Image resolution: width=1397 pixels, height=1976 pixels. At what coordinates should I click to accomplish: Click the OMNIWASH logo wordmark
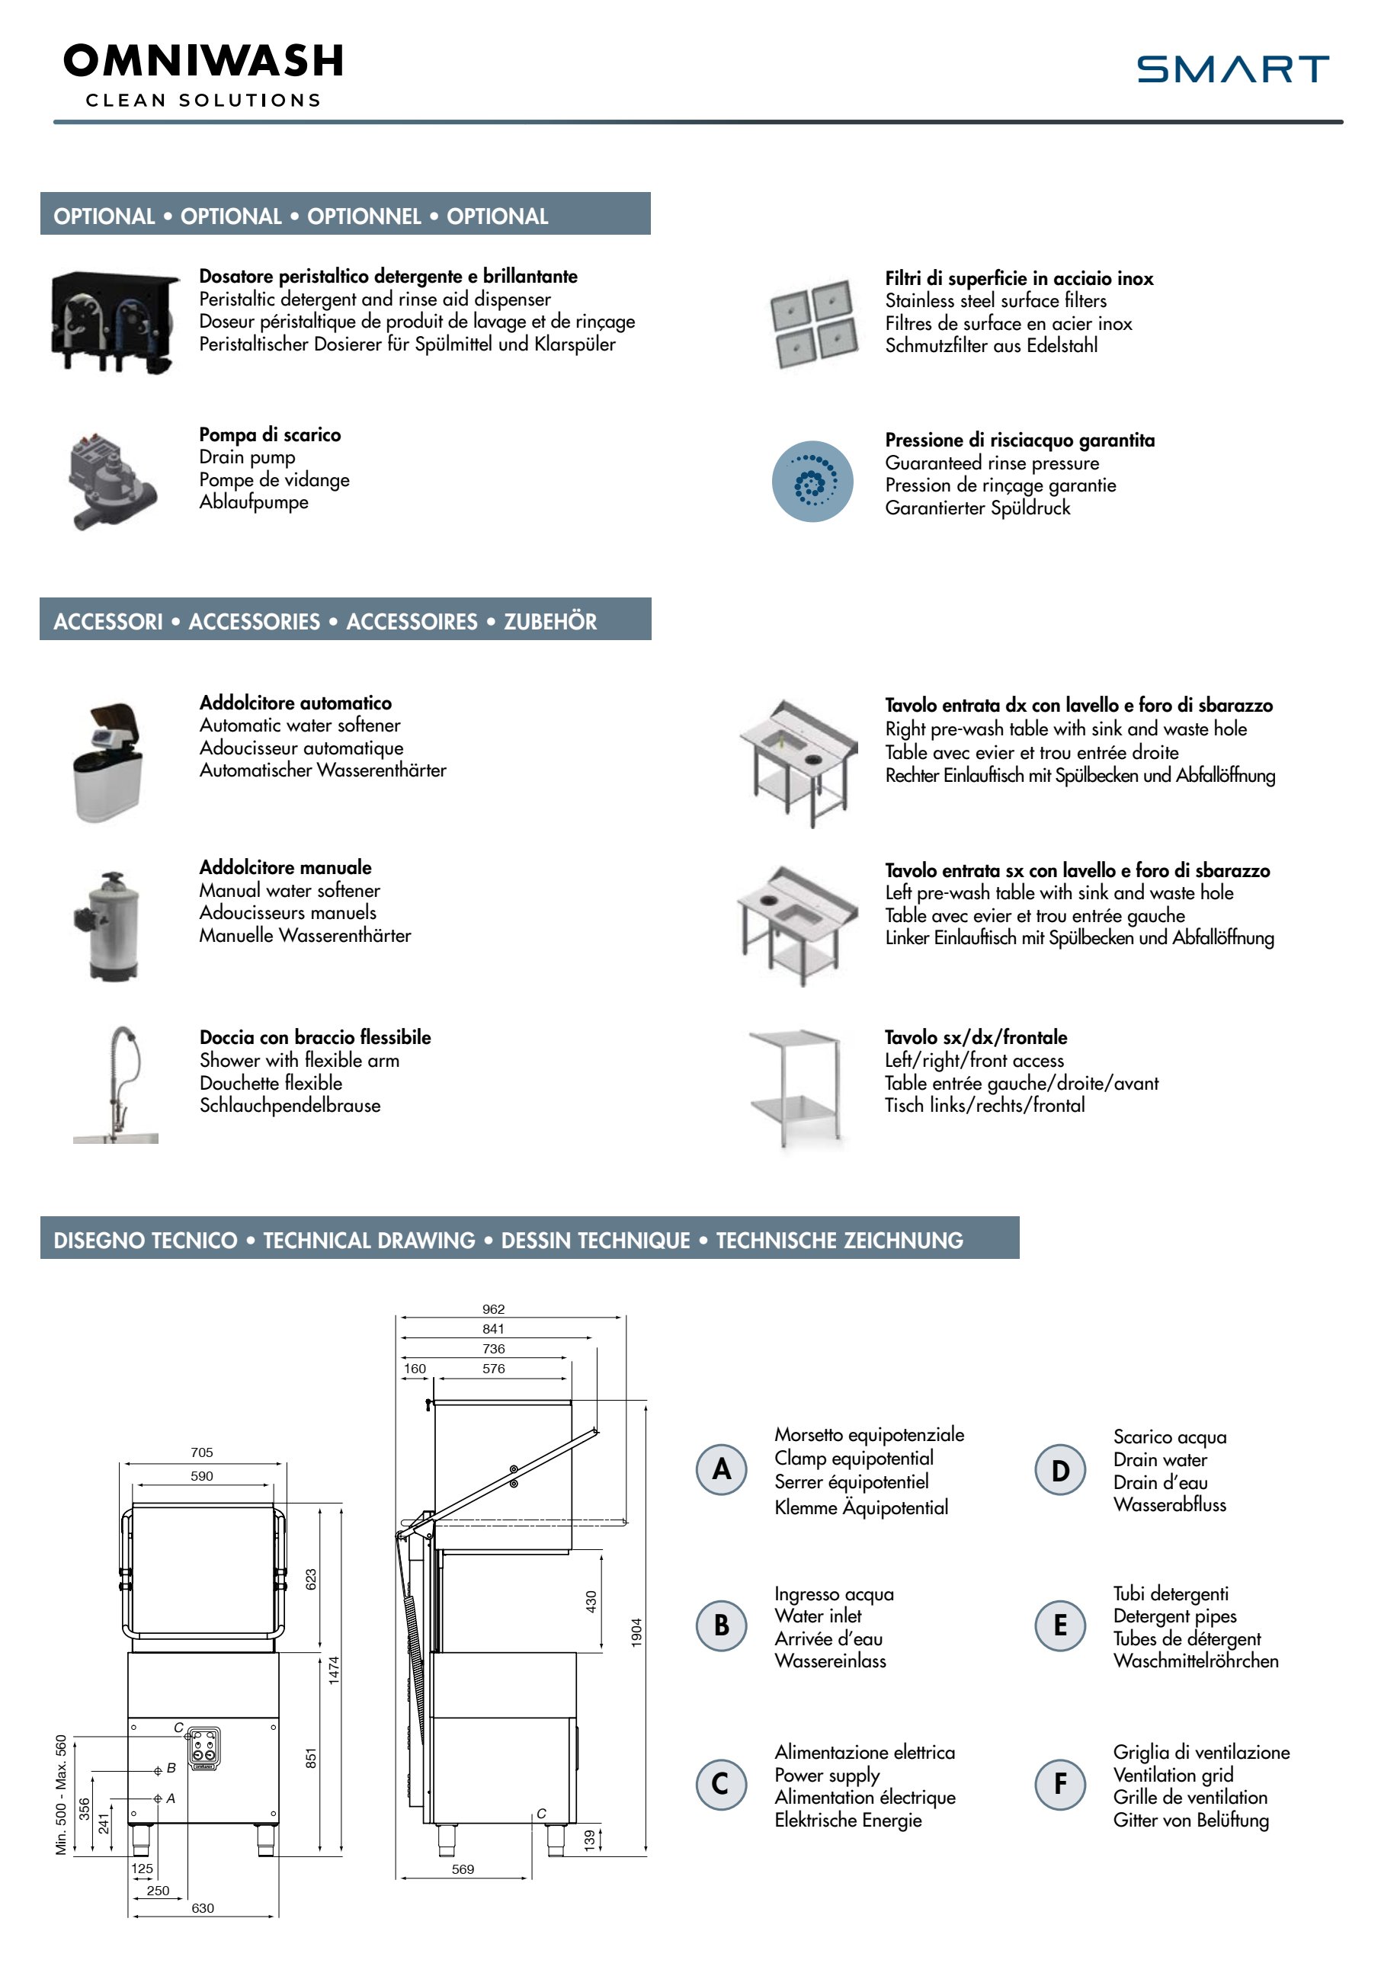[x=203, y=61]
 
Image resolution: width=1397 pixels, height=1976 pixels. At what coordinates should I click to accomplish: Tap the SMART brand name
[x=1232, y=69]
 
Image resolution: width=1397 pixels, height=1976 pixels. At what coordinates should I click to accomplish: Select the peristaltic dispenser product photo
[x=115, y=321]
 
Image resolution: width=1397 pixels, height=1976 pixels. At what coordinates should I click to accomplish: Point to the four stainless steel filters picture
[x=813, y=324]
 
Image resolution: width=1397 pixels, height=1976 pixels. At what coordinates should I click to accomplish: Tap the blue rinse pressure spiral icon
[x=812, y=481]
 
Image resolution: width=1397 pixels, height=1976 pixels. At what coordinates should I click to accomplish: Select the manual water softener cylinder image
[x=109, y=925]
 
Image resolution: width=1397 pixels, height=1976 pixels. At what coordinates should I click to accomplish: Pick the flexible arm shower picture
[x=116, y=1084]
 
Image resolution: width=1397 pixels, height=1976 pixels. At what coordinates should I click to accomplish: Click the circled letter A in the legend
[x=721, y=1469]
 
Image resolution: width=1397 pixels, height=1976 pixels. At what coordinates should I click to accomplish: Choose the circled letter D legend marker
[x=1059, y=1470]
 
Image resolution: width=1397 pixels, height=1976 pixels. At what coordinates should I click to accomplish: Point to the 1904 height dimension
[x=637, y=1632]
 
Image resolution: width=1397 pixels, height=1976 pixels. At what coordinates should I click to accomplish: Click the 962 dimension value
[x=493, y=1309]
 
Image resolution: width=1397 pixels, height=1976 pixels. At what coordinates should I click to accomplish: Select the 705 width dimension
[x=201, y=1452]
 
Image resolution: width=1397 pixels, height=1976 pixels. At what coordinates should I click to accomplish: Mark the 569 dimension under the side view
[x=463, y=1869]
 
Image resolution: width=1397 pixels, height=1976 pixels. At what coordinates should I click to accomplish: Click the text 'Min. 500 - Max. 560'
[x=61, y=1795]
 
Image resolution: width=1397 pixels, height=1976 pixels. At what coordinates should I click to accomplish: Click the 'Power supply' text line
[x=827, y=1776]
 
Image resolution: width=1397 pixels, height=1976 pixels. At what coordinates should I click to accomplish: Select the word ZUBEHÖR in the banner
[x=550, y=621]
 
